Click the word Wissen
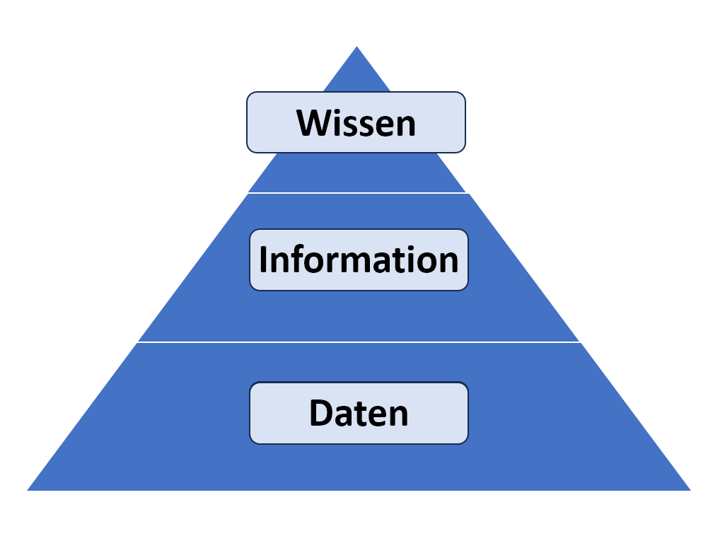356,123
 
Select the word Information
359,260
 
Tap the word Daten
359,413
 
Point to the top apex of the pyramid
356,46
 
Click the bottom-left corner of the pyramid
28,490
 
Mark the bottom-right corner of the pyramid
690,490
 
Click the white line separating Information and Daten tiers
359,342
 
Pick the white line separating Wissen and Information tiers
359,193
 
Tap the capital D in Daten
321,413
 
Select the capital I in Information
262,260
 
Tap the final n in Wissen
406,127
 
